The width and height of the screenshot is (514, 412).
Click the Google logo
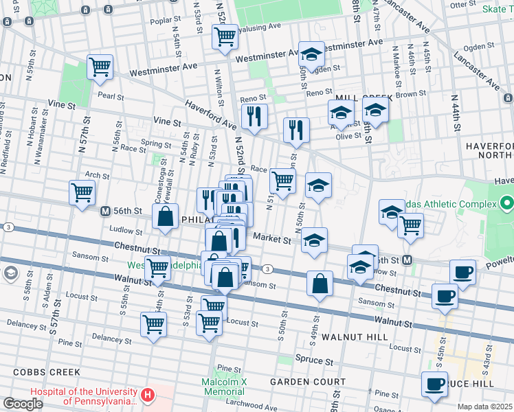pyautogui.click(x=23, y=403)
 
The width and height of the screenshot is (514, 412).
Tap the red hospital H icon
pyautogui.click(x=148, y=396)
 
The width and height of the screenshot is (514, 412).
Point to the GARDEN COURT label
pyautogui.click(x=307, y=382)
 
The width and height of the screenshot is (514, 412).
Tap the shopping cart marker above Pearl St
pyautogui.click(x=100, y=68)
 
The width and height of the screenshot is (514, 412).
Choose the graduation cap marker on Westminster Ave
pyautogui.click(x=311, y=55)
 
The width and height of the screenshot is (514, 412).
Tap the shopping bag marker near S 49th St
pyautogui.click(x=320, y=284)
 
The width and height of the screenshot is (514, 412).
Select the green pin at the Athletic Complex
pyautogui.click(x=507, y=204)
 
